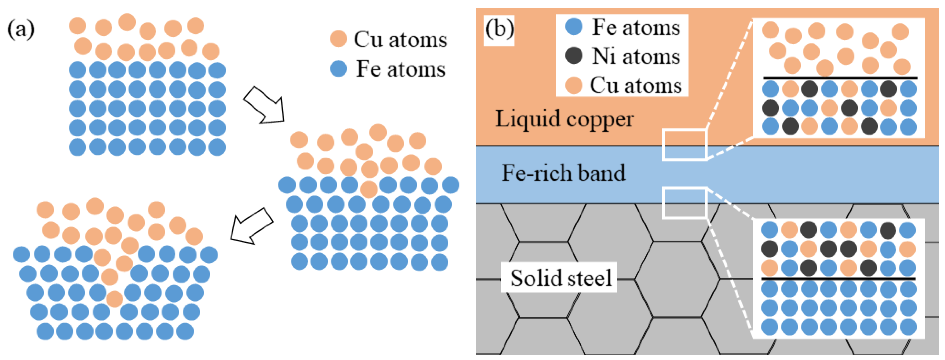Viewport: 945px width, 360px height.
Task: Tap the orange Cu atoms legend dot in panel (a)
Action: pyautogui.click(x=338, y=39)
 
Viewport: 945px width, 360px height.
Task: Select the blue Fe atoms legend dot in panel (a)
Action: pyautogui.click(x=338, y=69)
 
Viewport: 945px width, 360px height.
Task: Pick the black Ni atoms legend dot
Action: pyautogui.click(x=574, y=56)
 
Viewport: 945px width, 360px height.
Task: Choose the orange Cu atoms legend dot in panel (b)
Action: pyautogui.click(x=574, y=85)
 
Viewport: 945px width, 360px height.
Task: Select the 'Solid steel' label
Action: pyautogui.click(x=561, y=278)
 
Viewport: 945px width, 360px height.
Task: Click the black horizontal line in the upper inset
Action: pyautogui.click(x=840, y=78)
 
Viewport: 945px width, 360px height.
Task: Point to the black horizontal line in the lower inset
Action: pyautogui.click(x=839, y=279)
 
